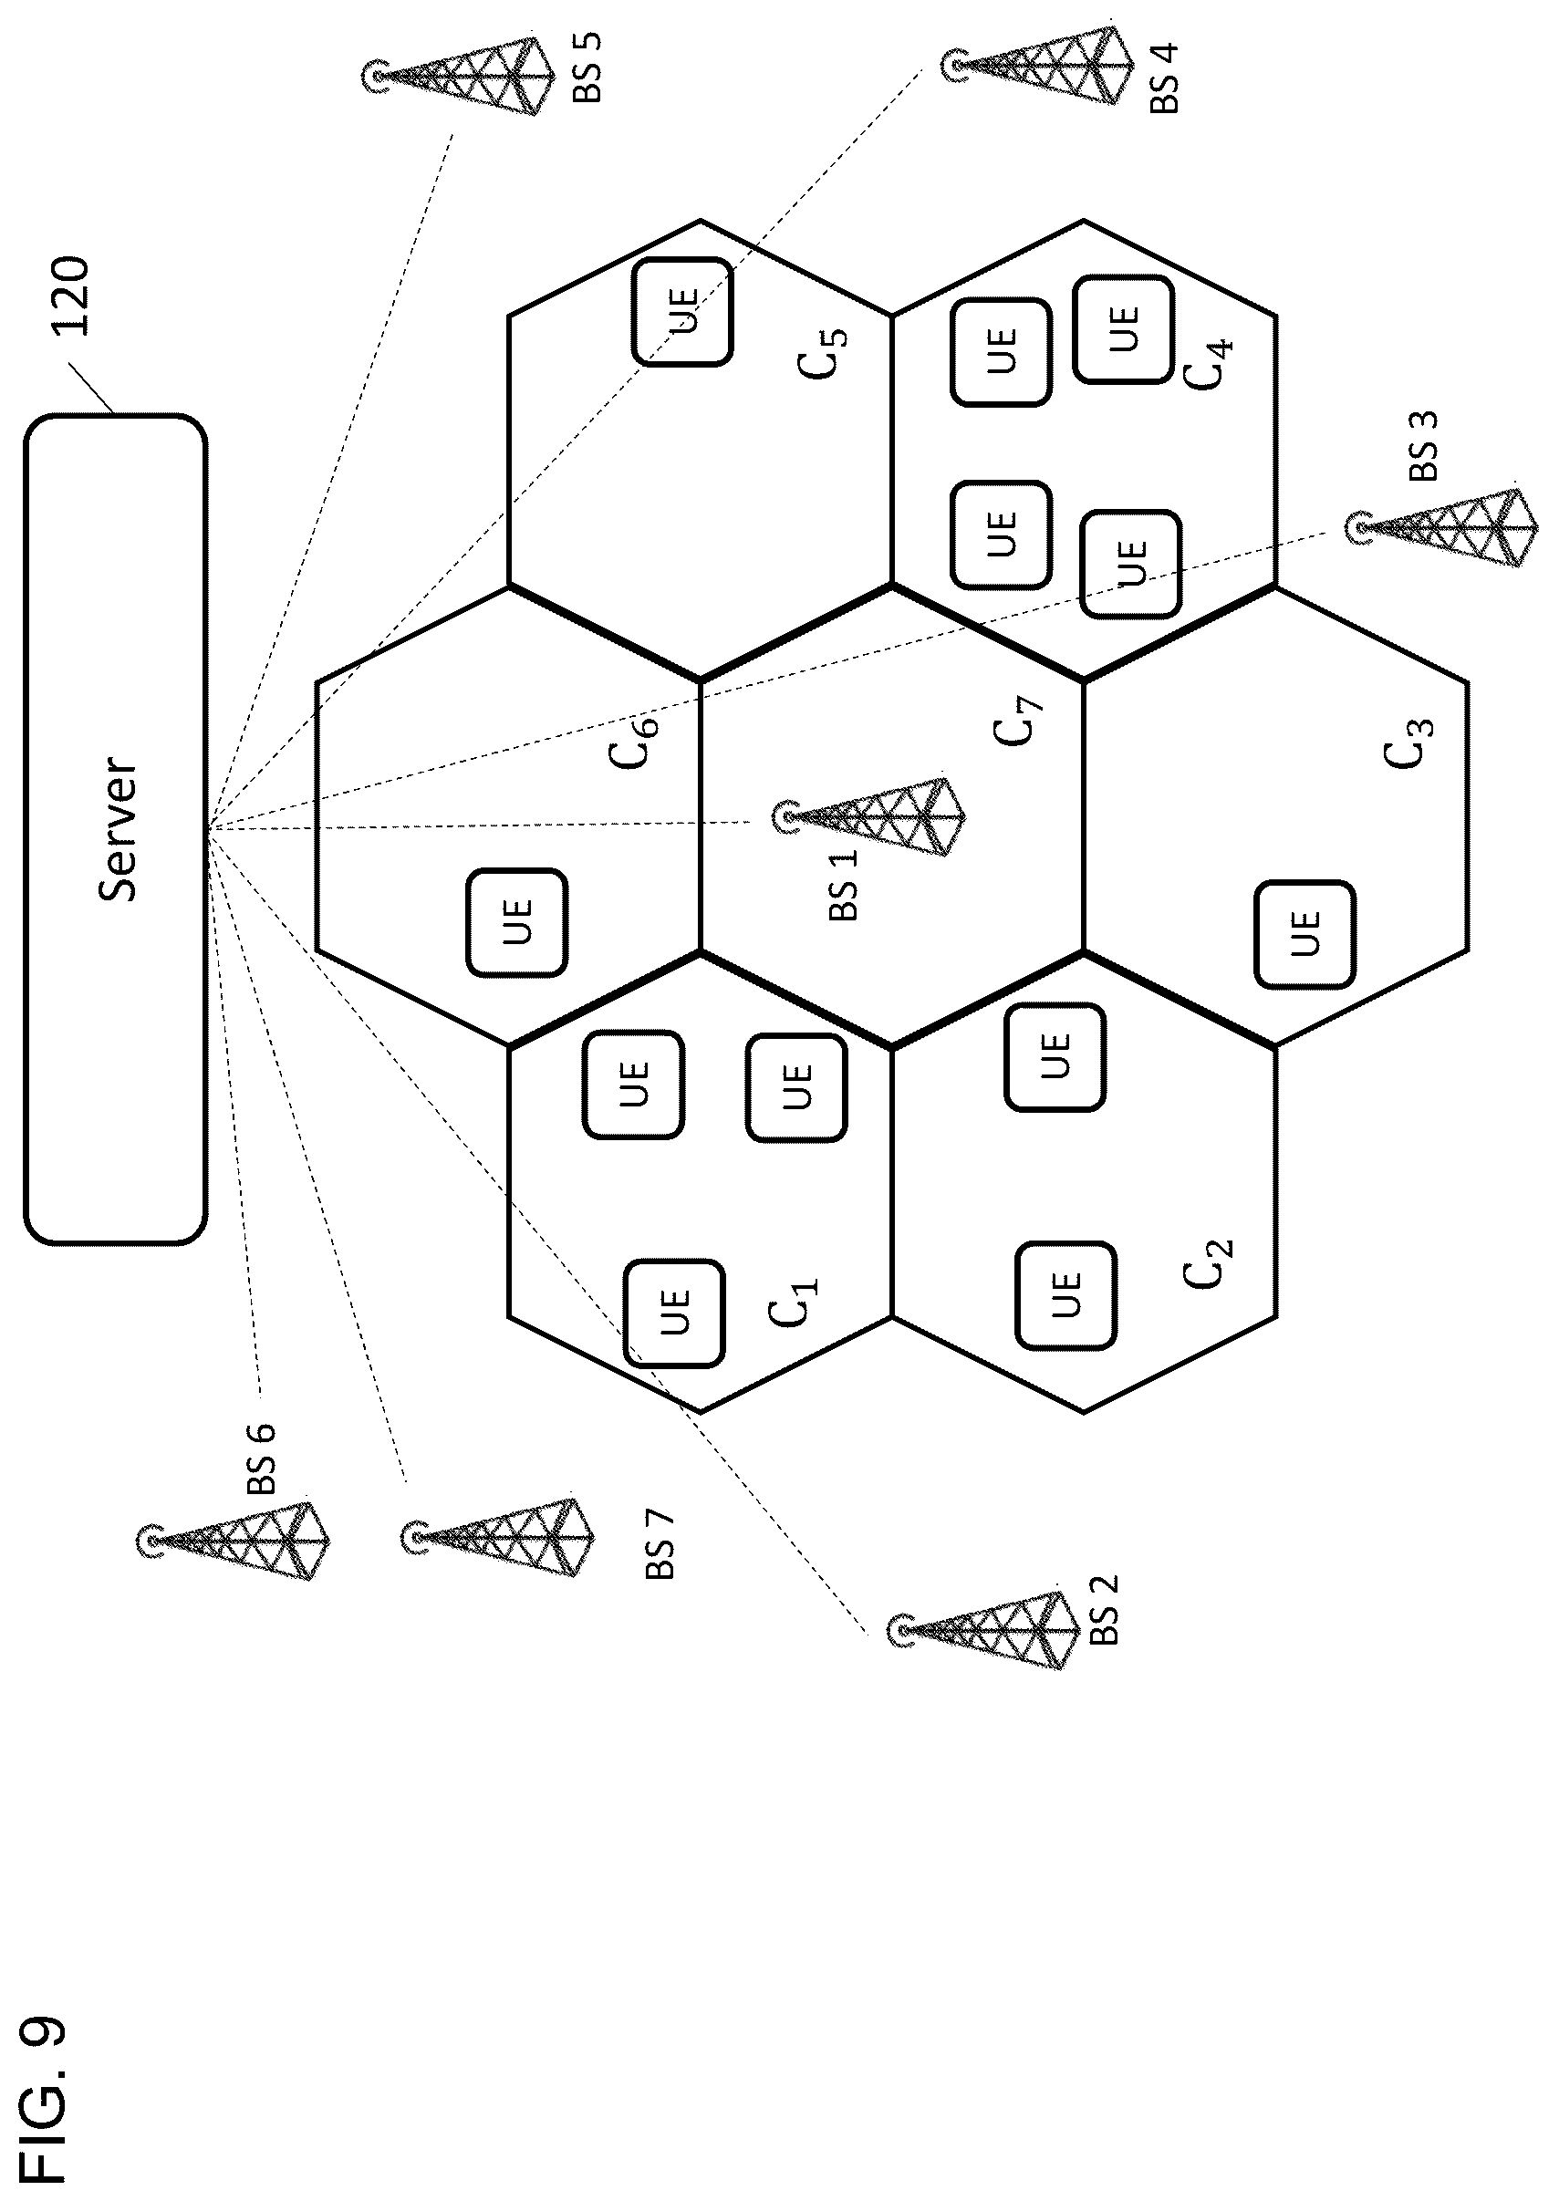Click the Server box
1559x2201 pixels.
coord(115,829)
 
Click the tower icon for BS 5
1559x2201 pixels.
coord(459,75)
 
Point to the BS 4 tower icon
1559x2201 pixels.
coord(1038,66)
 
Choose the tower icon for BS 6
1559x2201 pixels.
coord(234,1541)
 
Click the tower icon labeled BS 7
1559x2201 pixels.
coord(497,1538)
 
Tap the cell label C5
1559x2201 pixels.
coord(823,353)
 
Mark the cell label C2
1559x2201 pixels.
coord(1208,1264)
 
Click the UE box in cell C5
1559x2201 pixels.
coord(682,312)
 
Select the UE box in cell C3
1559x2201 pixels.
coord(1305,934)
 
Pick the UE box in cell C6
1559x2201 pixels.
coord(516,922)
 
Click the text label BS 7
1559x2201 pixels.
coord(660,1545)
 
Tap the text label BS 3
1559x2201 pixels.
coord(1424,446)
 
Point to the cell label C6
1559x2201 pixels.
coord(635,742)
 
